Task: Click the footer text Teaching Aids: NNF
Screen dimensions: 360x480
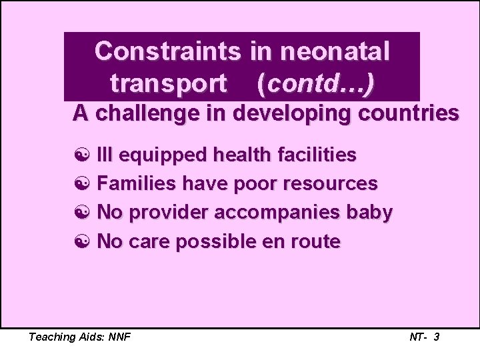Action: pos(79,337)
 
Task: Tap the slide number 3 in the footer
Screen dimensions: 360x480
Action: pos(436,337)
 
